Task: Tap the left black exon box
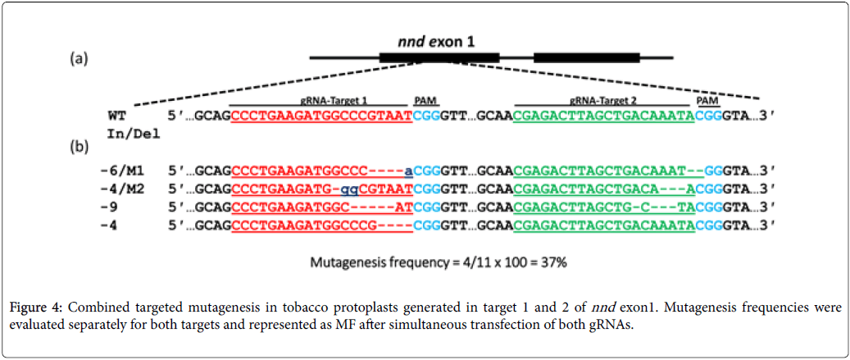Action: point(439,58)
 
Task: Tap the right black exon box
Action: point(586,58)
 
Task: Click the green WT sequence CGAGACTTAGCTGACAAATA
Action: point(604,116)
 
